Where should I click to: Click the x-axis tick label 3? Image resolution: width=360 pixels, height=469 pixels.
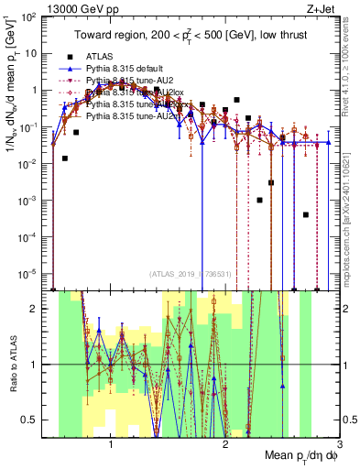pos(339,443)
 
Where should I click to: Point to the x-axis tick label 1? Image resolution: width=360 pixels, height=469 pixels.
pos(111,443)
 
